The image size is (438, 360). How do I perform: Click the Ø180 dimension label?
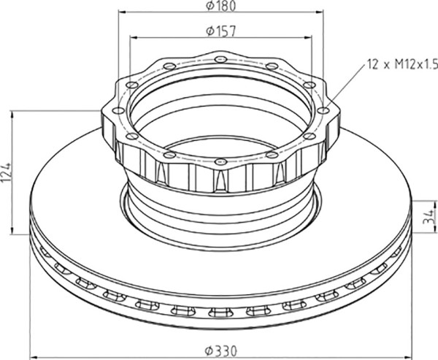pyautogui.click(x=221, y=6)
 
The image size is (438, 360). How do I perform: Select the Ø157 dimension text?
pyautogui.click(x=221, y=31)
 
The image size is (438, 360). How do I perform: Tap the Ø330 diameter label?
pyautogui.click(x=221, y=351)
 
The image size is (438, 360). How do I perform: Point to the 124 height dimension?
pyautogui.click(x=6, y=172)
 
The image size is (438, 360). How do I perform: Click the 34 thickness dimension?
pyautogui.click(x=429, y=216)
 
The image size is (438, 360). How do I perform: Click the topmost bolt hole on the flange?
pyautogui.click(x=220, y=59)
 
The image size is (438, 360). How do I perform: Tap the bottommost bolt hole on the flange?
pyautogui.click(x=220, y=161)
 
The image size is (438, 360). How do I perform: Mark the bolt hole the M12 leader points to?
pyautogui.click(x=323, y=110)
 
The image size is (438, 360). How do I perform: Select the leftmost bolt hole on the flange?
pyautogui.click(x=118, y=111)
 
